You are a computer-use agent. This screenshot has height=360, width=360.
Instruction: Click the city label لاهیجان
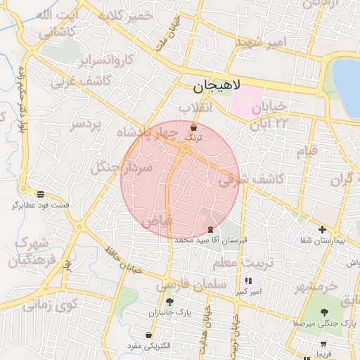[x=217, y=86]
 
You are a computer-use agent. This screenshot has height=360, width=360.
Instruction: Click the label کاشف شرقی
[x=251, y=180]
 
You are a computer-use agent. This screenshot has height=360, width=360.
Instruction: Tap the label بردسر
[x=86, y=125]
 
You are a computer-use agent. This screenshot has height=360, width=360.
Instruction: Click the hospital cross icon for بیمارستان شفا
[x=322, y=229]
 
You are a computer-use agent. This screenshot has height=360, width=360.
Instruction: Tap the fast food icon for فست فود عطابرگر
[x=40, y=193]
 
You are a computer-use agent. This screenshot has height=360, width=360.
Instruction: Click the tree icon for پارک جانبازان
[x=169, y=302]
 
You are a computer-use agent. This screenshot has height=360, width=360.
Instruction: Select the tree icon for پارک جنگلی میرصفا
[x=323, y=312]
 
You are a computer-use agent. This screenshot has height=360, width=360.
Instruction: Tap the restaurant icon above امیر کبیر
[x=248, y=281]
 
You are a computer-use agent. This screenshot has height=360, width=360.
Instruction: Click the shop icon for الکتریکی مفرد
[x=148, y=335]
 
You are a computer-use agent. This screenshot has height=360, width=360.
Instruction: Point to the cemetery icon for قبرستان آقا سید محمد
[x=211, y=230]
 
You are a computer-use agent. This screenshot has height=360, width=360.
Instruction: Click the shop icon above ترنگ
[x=193, y=128]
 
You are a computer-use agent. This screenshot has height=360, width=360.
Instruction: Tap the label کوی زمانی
[x=49, y=305]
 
